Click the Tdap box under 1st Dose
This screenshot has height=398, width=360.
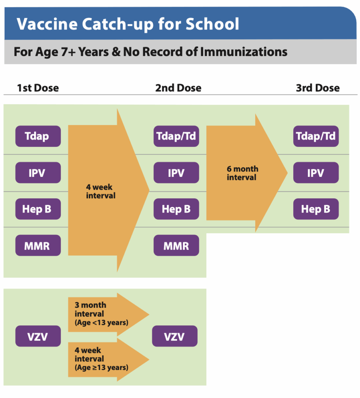click(38, 136)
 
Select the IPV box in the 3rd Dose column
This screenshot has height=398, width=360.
click(316, 173)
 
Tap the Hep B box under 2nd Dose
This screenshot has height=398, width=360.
click(176, 209)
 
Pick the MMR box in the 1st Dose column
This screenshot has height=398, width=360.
click(38, 245)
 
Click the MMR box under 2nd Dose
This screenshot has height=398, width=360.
click(176, 245)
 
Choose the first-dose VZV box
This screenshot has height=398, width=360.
click(38, 336)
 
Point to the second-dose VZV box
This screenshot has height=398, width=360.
click(175, 336)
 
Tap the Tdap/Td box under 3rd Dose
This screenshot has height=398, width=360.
click(316, 136)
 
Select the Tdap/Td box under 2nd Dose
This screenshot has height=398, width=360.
click(176, 136)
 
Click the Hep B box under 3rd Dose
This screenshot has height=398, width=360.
click(316, 209)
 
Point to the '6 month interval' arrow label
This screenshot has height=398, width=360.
click(242, 173)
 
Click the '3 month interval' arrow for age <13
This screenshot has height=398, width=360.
click(109, 314)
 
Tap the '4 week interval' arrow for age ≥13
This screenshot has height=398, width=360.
click(109, 360)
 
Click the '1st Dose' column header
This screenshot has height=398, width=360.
click(38, 88)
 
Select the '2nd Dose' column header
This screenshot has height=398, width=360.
click(178, 88)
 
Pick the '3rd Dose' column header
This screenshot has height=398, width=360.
click(318, 88)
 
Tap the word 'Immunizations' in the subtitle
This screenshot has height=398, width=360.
click(244, 52)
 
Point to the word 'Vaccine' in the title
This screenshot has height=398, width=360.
click(47, 24)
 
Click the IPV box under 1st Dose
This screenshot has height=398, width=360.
click(38, 173)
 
